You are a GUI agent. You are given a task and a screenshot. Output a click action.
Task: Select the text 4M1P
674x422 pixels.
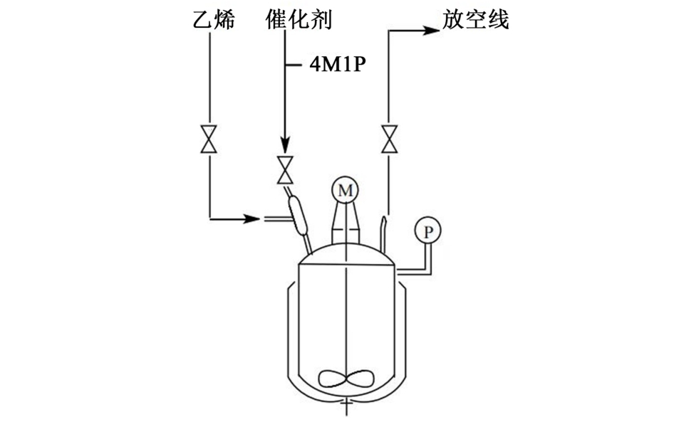click(337, 66)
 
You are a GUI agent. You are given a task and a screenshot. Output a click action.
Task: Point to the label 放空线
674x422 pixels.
click(475, 19)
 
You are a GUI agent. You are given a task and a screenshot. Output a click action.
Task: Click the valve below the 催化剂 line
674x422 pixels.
click(285, 169)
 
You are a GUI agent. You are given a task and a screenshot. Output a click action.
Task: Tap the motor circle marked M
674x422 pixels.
click(345, 189)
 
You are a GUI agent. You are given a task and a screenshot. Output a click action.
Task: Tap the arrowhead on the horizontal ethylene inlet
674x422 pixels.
click(251, 218)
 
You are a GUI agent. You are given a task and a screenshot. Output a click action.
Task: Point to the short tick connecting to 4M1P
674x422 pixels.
click(294, 66)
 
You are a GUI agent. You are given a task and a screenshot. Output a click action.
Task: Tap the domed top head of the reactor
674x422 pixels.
click(346, 255)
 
